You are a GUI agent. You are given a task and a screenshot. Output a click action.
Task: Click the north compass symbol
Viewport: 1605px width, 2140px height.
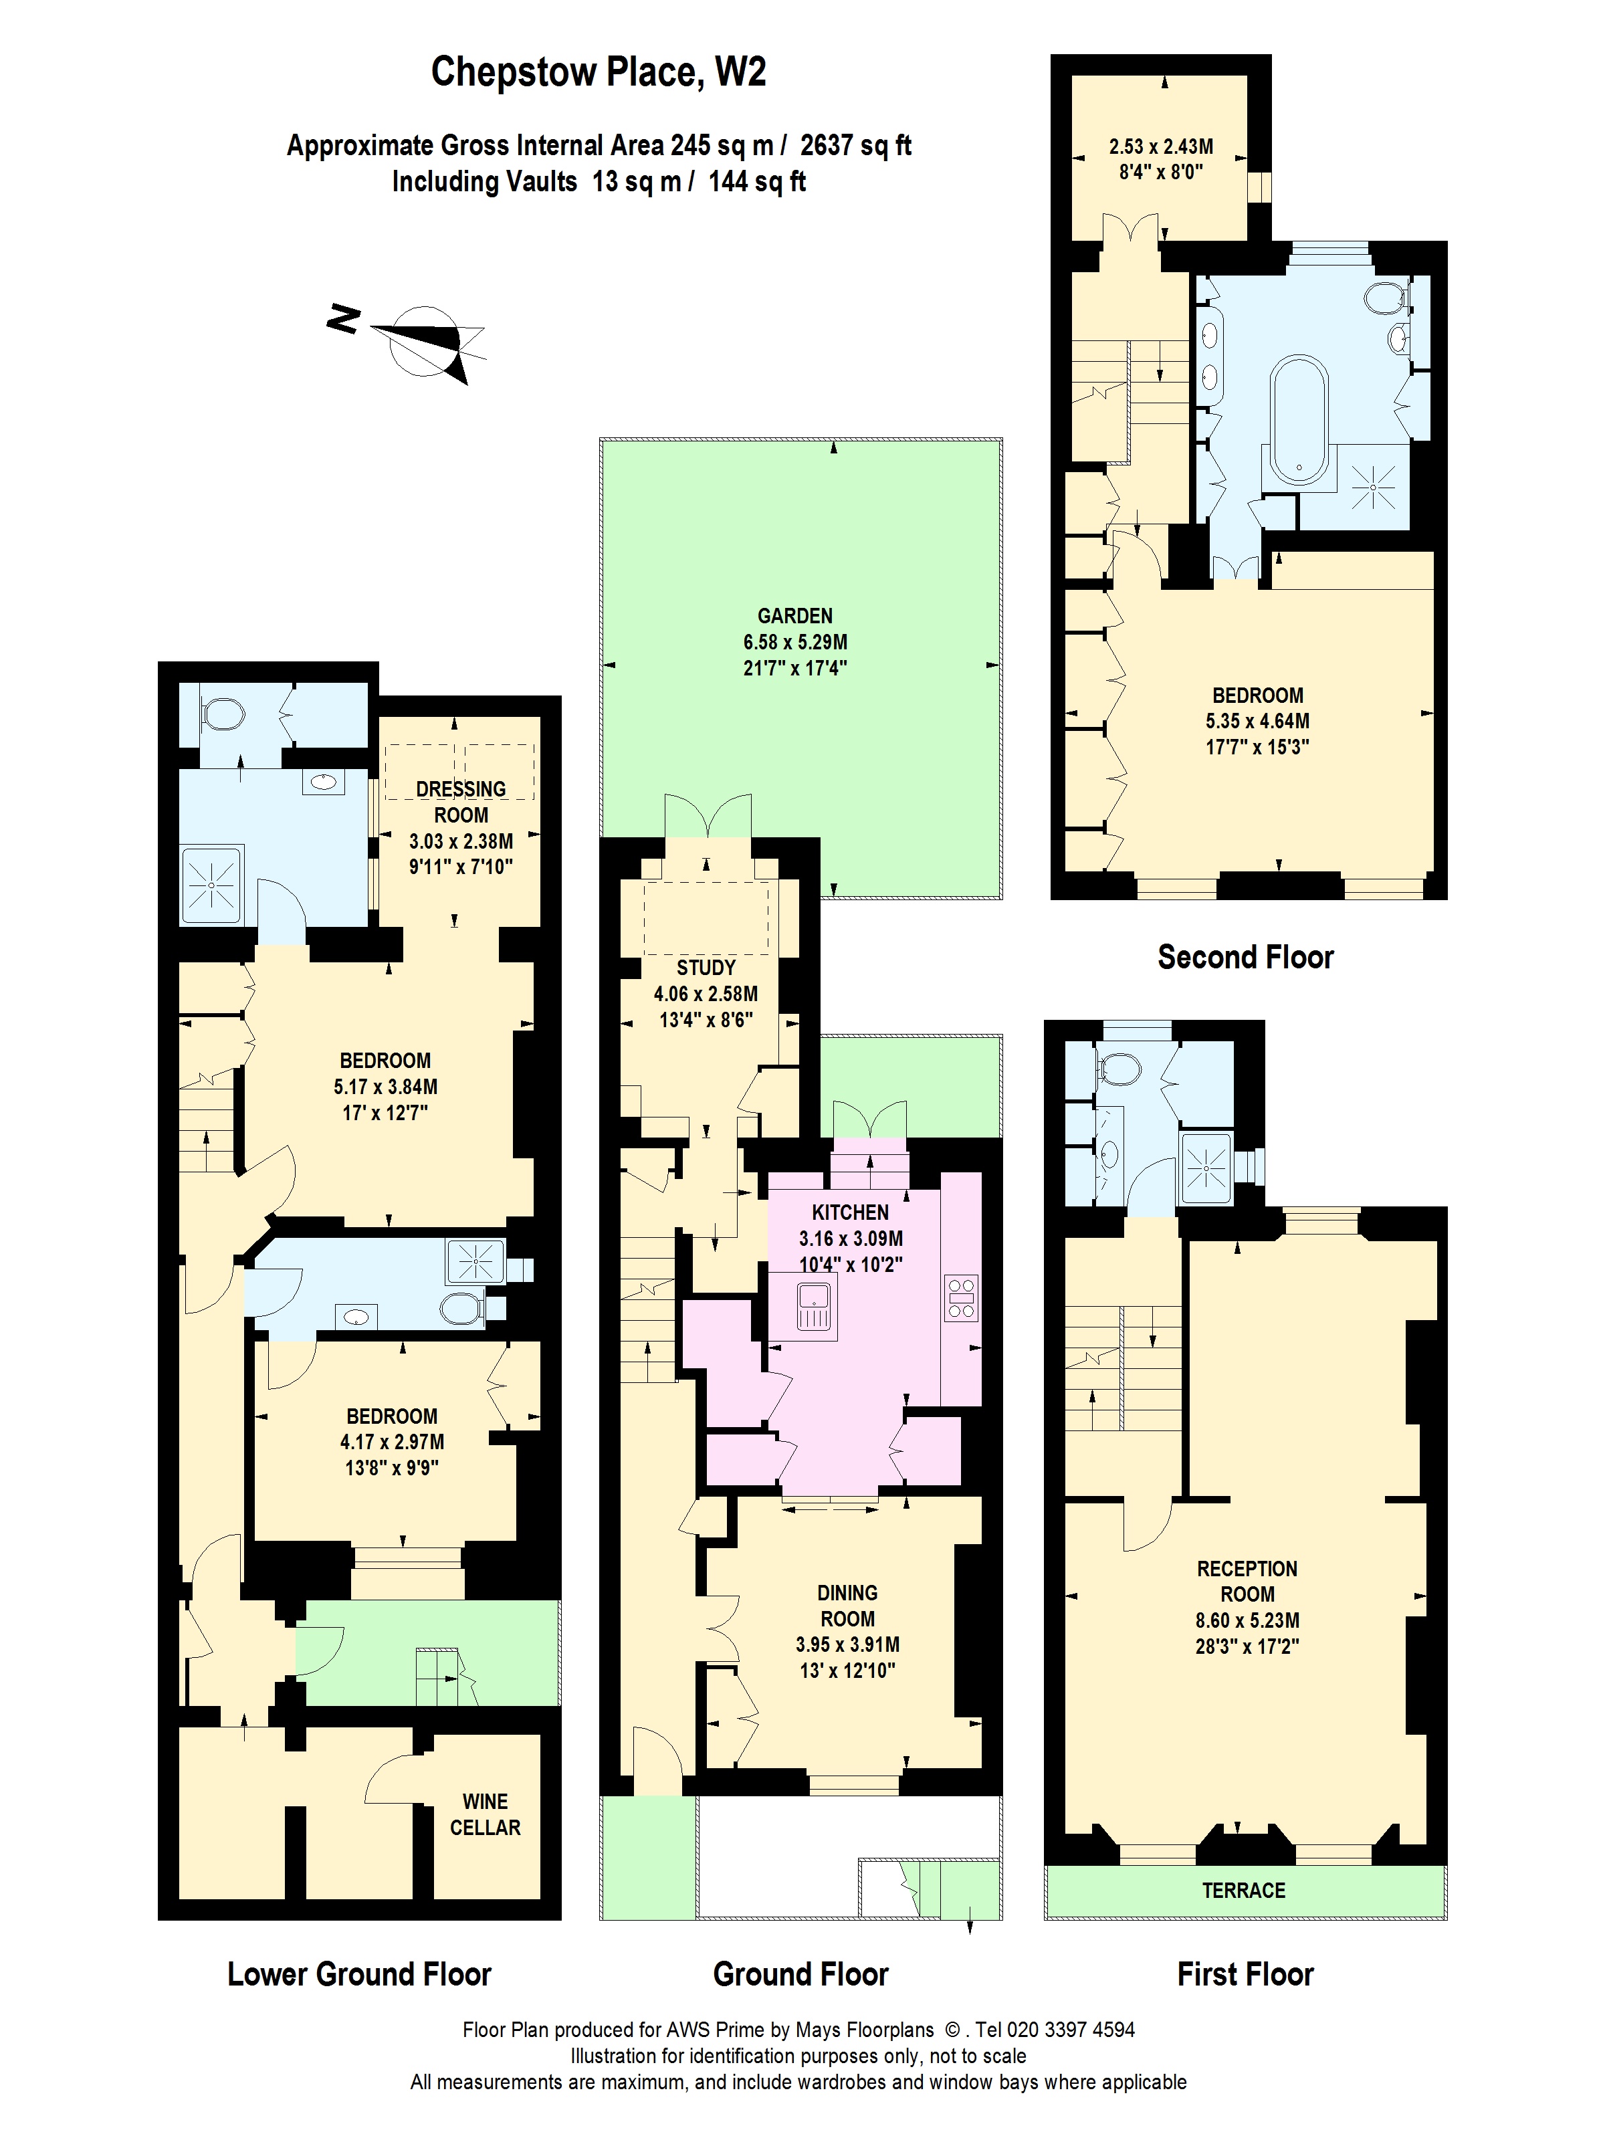(x=423, y=340)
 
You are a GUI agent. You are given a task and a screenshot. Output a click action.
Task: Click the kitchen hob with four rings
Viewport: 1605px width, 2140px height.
(x=961, y=1298)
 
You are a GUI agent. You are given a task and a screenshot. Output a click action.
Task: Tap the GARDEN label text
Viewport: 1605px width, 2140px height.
(x=794, y=615)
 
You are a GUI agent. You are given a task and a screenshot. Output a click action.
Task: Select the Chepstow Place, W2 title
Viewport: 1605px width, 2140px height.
(x=598, y=72)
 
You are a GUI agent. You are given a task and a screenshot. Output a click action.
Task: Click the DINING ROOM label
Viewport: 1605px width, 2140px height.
(x=847, y=1606)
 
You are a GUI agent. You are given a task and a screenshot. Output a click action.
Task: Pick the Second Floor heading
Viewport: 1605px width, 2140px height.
(x=1245, y=957)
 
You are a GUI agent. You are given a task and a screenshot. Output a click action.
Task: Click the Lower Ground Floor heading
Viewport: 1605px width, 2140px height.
(x=359, y=1973)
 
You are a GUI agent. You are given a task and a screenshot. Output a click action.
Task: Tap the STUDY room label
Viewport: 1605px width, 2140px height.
(x=706, y=968)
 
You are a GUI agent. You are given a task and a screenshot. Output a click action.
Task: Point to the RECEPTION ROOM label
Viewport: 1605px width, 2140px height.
(x=1247, y=1581)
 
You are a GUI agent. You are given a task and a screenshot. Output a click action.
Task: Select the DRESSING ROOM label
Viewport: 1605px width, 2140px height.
(x=461, y=802)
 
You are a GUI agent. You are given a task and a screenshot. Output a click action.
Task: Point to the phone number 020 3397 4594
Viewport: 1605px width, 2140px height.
(x=1069, y=2030)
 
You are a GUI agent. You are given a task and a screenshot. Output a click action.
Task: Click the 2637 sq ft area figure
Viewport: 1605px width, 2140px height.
(x=855, y=145)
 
